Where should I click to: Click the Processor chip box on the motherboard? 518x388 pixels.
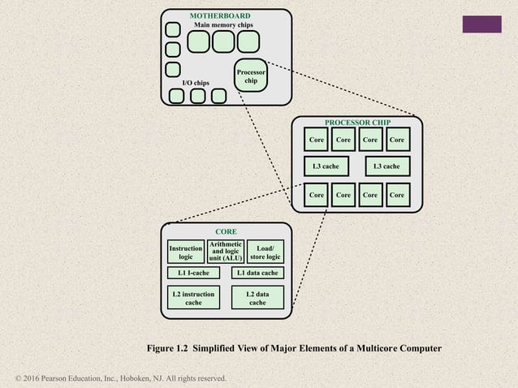pyautogui.click(x=251, y=75)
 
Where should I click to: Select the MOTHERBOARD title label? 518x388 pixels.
pyautogui.click(x=219, y=16)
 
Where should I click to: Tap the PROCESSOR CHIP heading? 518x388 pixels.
pyautogui.click(x=357, y=123)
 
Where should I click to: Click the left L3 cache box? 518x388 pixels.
pyautogui.click(x=325, y=166)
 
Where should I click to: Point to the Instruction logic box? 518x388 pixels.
pyautogui.click(x=186, y=252)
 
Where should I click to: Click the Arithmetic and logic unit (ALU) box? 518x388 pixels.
pyautogui.click(x=225, y=252)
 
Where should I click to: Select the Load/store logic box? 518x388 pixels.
pyautogui.click(x=265, y=252)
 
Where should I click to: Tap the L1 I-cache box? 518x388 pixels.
pyautogui.click(x=193, y=274)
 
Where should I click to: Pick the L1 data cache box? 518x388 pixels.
pyautogui.click(x=257, y=274)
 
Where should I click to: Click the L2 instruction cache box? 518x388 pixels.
pyautogui.click(x=193, y=297)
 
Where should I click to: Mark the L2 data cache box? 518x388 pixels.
pyautogui.click(x=257, y=297)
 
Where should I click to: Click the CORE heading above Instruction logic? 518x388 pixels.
pyautogui.click(x=225, y=231)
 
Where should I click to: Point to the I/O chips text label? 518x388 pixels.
pyautogui.click(x=195, y=83)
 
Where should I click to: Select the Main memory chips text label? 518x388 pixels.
pyautogui.click(x=222, y=25)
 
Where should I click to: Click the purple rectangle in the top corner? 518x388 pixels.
pyautogui.click(x=481, y=24)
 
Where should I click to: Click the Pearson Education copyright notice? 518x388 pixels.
pyautogui.click(x=121, y=378)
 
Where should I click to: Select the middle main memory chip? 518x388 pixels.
pyautogui.click(x=223, y=41)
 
